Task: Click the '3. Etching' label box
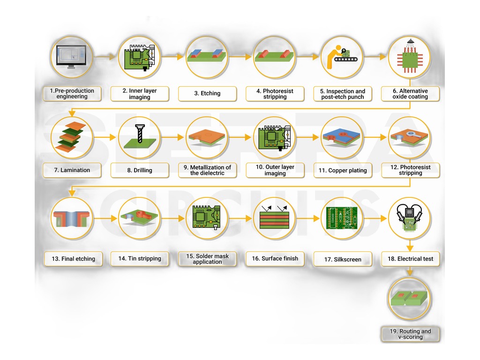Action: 207,93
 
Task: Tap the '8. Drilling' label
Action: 140,170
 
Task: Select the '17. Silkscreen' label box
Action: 343,259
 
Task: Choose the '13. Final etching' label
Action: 73,259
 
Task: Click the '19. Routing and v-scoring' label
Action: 410,334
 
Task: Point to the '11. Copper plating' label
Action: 343,170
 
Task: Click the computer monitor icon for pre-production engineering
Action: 72,57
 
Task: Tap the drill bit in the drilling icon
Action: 140,133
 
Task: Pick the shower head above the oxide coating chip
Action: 410,42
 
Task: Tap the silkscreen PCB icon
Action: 342,218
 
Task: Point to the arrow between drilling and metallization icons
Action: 172,137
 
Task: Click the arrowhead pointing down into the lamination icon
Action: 72,113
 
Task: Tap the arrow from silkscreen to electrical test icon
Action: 375,218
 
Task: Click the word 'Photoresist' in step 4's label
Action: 278,91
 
